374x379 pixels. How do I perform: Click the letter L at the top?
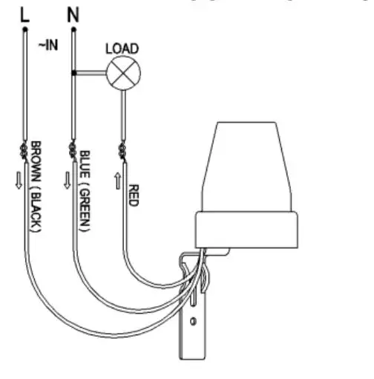pos(25,16)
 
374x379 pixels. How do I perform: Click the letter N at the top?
pos(73,15)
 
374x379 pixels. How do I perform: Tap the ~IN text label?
pos(48,45)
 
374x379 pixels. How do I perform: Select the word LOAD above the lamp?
pos(122,48)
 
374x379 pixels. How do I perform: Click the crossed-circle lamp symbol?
pos(123,73)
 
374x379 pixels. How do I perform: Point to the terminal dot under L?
pos(25,30)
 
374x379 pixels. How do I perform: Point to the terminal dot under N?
pos(73,30)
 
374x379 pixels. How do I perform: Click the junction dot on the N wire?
pos(73,73)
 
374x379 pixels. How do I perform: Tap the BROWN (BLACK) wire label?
pos(36,187)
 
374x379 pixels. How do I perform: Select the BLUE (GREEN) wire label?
pos(85,191)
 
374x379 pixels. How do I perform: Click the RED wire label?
pos(134,195)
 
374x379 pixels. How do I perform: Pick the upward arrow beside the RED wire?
pos(118,181)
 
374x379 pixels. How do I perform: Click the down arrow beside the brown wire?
pos(19,181)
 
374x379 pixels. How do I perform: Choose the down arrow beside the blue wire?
pos(68,181)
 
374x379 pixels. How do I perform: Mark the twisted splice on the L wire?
pos(24,151)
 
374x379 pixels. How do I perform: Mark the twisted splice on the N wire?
pos(73,151)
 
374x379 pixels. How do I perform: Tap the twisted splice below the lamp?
pos(122,152)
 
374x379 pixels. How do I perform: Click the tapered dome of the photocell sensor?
pos(247,166)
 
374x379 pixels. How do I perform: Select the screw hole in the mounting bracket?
pos(193,321)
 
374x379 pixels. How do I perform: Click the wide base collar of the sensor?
pos(246,230)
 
